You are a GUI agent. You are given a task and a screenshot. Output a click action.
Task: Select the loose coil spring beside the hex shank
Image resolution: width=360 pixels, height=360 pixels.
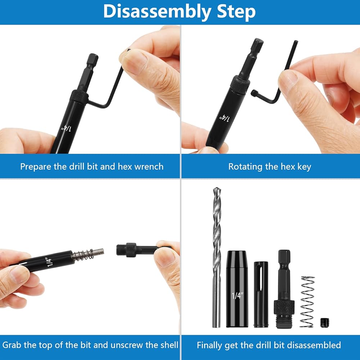pyautogui.click(x=307, y=302)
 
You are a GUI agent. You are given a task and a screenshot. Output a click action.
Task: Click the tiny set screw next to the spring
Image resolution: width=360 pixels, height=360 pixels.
pyautogui.click(x=324, y=323)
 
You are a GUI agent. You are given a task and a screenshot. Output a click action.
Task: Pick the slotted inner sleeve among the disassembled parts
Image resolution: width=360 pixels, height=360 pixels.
pyautogui.click(x=261, y=294)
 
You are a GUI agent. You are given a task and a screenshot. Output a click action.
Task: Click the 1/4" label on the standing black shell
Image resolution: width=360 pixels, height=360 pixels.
pyautogui.click(x=237, y=296)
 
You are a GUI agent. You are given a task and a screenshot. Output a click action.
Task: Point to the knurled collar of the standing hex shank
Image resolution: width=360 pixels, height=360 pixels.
pyautogui.click(x=284, y=308)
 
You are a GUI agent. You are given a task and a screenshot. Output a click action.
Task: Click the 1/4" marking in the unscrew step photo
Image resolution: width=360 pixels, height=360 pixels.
pyautogui.click(x=49, y=262)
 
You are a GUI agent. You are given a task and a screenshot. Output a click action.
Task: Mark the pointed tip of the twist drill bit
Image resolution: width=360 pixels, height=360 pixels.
pyautogui.click(x=216, y=188)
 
